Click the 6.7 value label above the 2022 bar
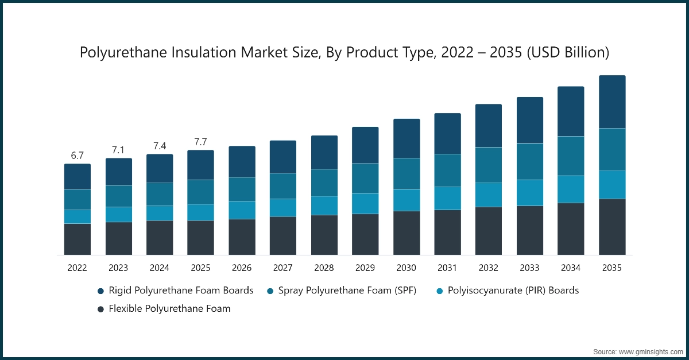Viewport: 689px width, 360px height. point(78,155)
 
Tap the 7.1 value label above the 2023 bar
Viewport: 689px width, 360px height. point(118,150)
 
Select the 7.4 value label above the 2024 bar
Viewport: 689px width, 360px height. point(160,146)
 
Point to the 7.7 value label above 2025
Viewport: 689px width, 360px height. point(200,142)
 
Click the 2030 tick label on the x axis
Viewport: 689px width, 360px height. point(406,268)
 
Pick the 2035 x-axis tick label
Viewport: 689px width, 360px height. point(611,268)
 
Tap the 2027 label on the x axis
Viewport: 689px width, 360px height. point(282,268)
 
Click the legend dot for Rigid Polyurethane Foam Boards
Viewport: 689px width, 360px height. point(100,291)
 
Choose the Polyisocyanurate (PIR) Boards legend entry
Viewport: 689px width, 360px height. point(513,291)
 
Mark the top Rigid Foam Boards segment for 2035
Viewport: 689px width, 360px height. point(612,102)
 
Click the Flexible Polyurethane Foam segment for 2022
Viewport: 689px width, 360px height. point(78,239)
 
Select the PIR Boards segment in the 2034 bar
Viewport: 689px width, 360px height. point(571,189)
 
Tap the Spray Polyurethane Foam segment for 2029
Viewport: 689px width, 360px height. point(365,178)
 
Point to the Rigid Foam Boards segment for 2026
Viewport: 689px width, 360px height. point(242,161)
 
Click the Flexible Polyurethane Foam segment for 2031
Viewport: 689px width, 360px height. point(447,232)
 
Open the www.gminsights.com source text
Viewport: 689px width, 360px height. point(650,351)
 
